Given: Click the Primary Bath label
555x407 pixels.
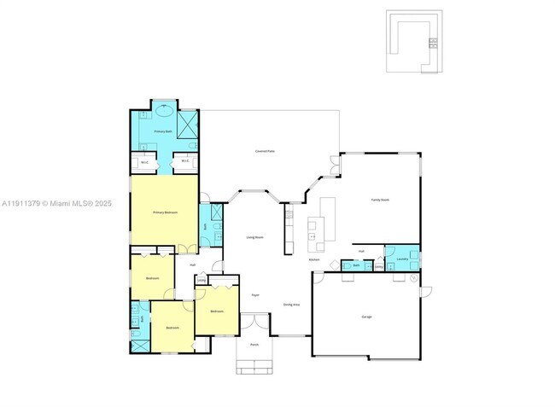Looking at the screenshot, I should point(163,132).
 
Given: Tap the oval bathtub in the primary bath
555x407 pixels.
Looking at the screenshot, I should point(163,110).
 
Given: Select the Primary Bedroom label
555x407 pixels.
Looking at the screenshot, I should point(165,212).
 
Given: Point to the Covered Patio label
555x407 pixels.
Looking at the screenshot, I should point(265,151).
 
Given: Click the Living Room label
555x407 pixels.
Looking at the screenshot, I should point(254,237).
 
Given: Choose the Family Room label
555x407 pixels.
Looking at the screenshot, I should point(380,200).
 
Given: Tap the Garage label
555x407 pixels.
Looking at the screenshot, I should point(366,317).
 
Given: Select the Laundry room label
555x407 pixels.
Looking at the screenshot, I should point(401,259).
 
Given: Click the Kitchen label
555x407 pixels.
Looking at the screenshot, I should point(314,259).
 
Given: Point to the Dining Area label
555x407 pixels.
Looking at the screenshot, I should point(291,304).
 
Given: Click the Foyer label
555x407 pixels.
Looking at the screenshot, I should point(254,294).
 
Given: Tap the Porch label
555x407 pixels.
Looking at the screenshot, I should point(254,345).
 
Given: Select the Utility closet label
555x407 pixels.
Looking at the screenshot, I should point(378,266).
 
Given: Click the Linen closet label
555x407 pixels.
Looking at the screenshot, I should point(202,279).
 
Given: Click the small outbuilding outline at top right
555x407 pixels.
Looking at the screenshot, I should point(413,42).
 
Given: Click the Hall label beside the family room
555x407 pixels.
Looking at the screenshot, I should point(362,251).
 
